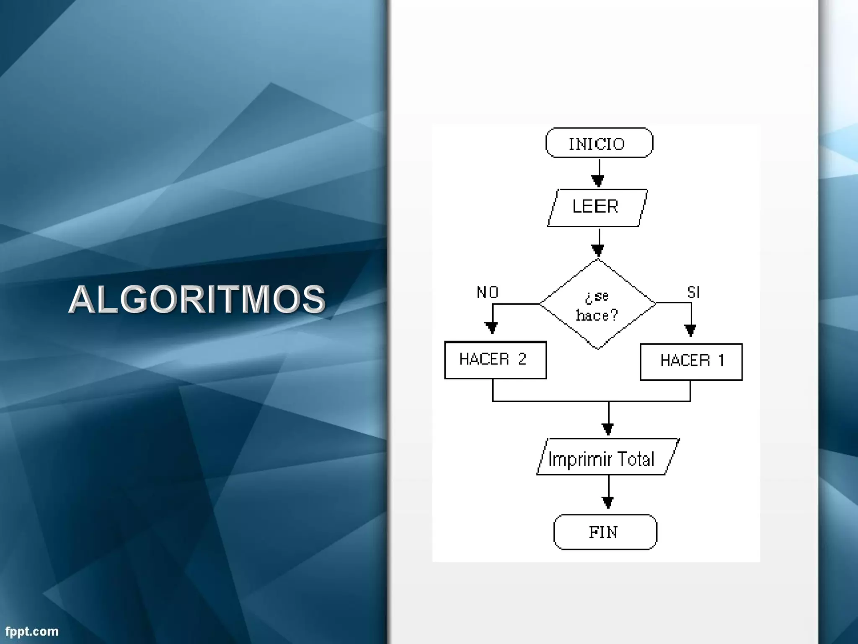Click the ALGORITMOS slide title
(x=197, y=299)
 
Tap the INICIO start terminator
(x=599, y=143)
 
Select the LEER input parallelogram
(x=597, y=208)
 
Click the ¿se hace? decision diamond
(x=598, y=304)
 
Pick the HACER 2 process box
(x=495, y=360)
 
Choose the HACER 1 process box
(x=691, y=362)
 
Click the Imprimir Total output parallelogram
(x=607, y=457)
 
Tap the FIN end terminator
(x=605, y=532)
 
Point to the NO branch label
(x=487, y=292)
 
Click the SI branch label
(x=693, y=292)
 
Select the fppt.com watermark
(x=32, y=631)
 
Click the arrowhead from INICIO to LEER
(x=598, y=181)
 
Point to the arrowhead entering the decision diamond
(x=598, y=250)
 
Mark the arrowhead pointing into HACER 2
(x=491, y=327)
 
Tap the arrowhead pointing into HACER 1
(x=690, y=330)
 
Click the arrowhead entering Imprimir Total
(x=608, y=429)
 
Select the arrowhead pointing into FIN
(x=608, y=502)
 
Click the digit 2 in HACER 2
(x=522, y=359)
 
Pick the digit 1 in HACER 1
(x=721, y=360)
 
